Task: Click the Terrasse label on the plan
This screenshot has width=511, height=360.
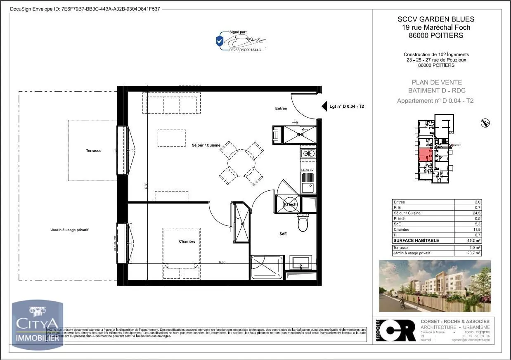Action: point(94,151)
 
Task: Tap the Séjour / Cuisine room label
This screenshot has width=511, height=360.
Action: point(206,145)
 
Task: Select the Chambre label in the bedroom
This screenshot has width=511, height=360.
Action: point(187,242)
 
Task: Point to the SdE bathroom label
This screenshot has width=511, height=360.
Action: point(283,234)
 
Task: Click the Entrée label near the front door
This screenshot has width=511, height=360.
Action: point(281,109)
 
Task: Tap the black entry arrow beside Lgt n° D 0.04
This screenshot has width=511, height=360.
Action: point(324,107)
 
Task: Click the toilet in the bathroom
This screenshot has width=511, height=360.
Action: point(303,223)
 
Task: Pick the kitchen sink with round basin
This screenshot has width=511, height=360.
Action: point(308,154)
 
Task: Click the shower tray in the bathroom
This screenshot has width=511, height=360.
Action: point(267,267)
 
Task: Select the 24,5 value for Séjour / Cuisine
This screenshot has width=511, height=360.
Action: point(477,213)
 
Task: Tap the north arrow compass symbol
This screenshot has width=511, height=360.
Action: point(485,123)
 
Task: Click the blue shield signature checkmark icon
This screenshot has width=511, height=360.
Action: point(220,40)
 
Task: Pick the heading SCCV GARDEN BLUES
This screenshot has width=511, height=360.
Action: point(436,19)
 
